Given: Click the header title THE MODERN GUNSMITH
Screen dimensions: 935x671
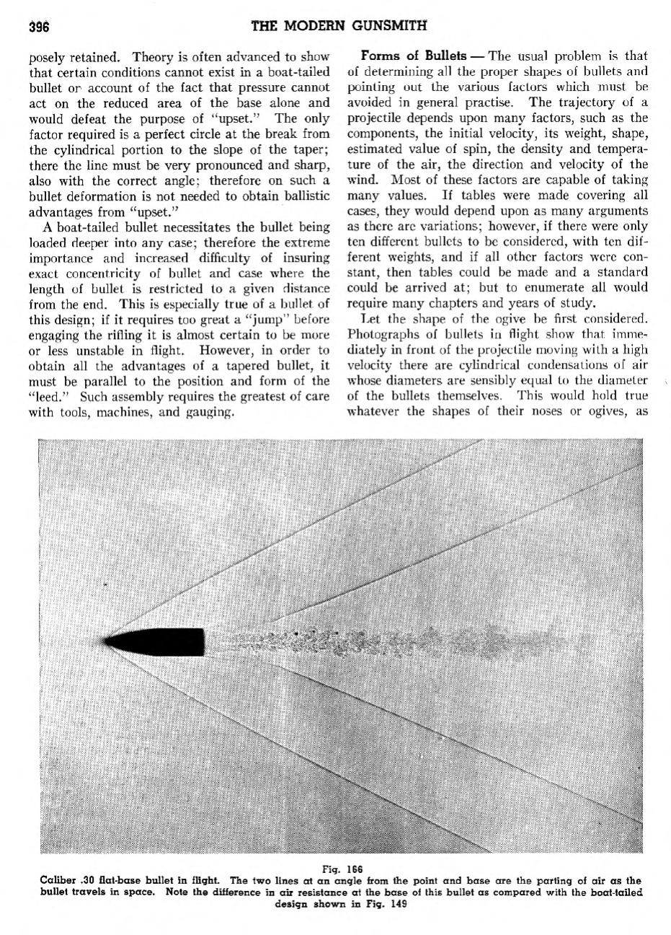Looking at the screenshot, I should [338, 27].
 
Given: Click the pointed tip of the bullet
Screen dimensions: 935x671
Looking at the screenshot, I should [107, 641].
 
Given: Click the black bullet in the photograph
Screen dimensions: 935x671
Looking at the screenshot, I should [159, 641].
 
